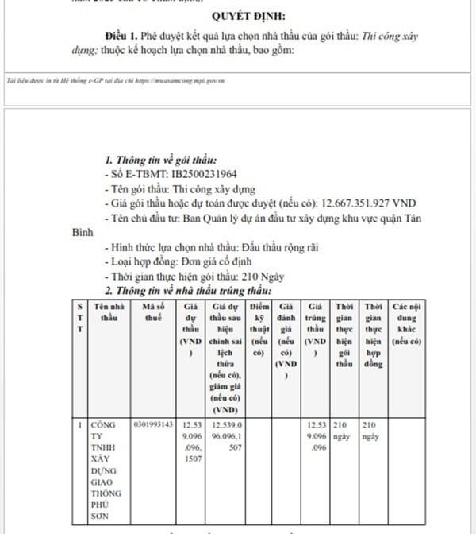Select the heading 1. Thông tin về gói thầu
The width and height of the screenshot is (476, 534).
point(160,160)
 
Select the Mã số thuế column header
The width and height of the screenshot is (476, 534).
point(155,311)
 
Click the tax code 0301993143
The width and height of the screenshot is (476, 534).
point(154,425)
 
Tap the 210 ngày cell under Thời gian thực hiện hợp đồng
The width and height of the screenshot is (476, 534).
point(373,431)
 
